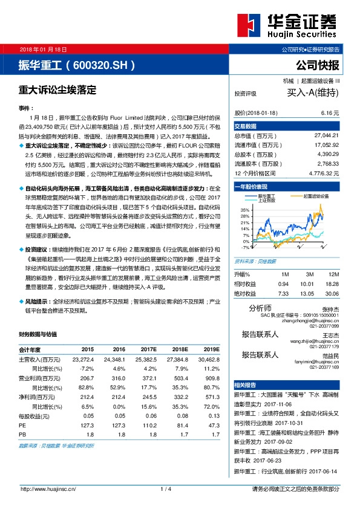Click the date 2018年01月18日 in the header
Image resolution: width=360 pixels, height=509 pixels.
[x=43, y=49]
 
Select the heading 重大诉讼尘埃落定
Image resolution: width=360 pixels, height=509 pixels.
[x=58, y=88]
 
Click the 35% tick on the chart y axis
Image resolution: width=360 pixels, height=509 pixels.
[x=244, y=208]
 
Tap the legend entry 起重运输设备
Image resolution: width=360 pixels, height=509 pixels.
[x=315, y=196]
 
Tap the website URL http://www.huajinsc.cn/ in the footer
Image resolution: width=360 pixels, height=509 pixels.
[x=48, y=489]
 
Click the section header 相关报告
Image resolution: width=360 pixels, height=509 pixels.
[x=246, y=384]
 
